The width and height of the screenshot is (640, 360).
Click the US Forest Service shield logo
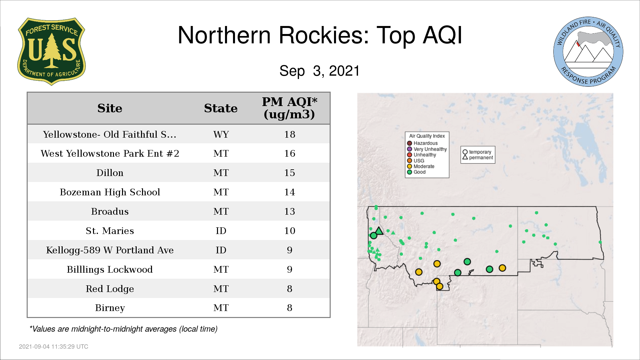tap(51, 51)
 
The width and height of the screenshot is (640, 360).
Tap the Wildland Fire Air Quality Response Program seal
tap(588, 52)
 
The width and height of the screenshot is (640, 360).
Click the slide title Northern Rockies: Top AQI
tap(320, 35)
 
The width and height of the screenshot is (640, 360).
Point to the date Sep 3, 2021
tap(320, 71)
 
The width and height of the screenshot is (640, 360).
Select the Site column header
tap(110, 108)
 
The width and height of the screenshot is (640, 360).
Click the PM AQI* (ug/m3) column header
tap(289, 108)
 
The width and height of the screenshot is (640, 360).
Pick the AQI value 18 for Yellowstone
tap(290, 134)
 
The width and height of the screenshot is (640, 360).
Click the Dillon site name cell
tap(110, 173)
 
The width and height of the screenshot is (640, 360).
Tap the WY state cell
tap(221, 134)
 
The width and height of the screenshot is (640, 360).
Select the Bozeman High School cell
tap(110, 192)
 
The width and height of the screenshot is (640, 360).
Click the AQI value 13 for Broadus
tap(290, 211)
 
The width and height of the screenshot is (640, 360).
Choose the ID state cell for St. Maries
tap(221, 231)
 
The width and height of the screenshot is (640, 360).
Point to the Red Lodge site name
tap(110, 289)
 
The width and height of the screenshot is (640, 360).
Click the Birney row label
tap(110, 308)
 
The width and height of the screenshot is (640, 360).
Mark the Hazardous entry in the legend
tap(422, 143)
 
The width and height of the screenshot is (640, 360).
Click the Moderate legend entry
tap(421, 166)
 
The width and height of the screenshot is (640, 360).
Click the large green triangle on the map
tap(379, 231)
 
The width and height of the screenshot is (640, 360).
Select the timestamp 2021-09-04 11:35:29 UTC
tap(54, 347)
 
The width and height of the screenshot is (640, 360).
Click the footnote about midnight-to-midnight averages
tap(123, 329)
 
